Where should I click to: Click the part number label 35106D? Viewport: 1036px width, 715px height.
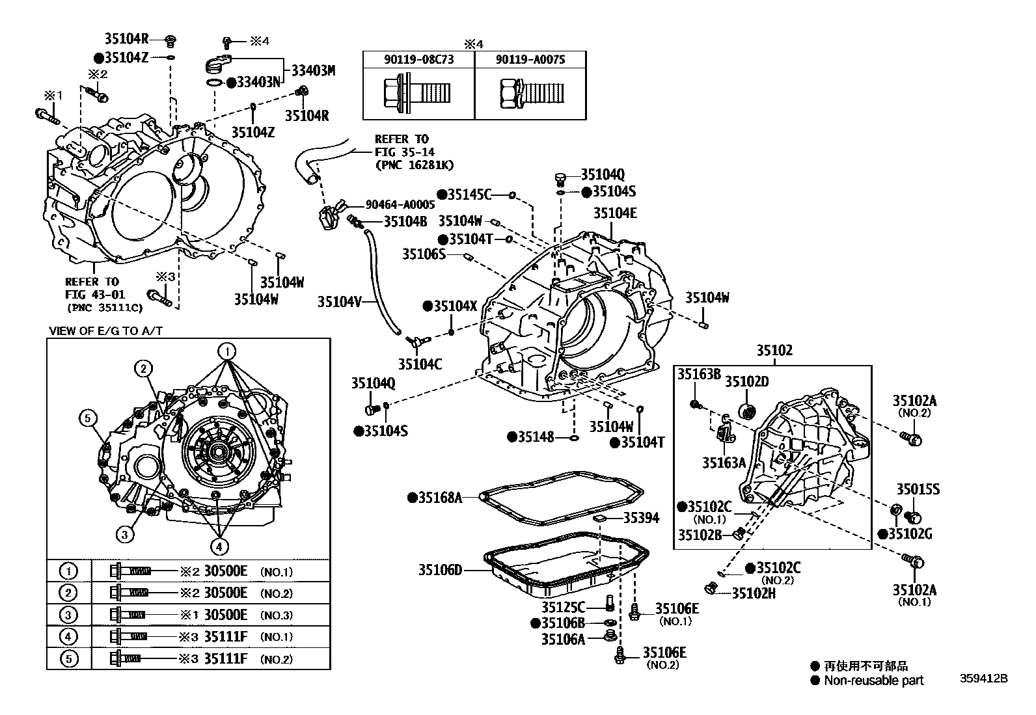(x=440, y=571)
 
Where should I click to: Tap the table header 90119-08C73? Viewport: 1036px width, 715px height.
(x=418, y=59)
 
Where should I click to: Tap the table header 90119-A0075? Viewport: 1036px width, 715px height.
(x=530, y=59)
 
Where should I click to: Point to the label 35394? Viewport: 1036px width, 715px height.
(x=641, y=518)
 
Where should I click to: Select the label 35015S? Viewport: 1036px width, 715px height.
(x=918, y=490)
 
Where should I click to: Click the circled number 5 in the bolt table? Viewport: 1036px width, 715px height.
(x=68, y=658)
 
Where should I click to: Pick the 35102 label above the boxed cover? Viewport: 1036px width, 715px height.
(x=774, y=351)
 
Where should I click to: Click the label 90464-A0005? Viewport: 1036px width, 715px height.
(x=400, y=204)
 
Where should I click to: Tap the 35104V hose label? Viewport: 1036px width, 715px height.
(x=339, y=301)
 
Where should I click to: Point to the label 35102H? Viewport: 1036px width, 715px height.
(x=754, y=593)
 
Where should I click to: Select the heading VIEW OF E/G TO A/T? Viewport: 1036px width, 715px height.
(x=105, y=331)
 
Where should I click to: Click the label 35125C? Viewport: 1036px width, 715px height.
(x=563, y=608)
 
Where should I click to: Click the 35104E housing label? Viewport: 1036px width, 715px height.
(x=614, y=213)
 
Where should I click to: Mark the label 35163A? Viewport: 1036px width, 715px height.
(x=724, y=463)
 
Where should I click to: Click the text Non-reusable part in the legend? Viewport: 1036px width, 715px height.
(x=873, y=681)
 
